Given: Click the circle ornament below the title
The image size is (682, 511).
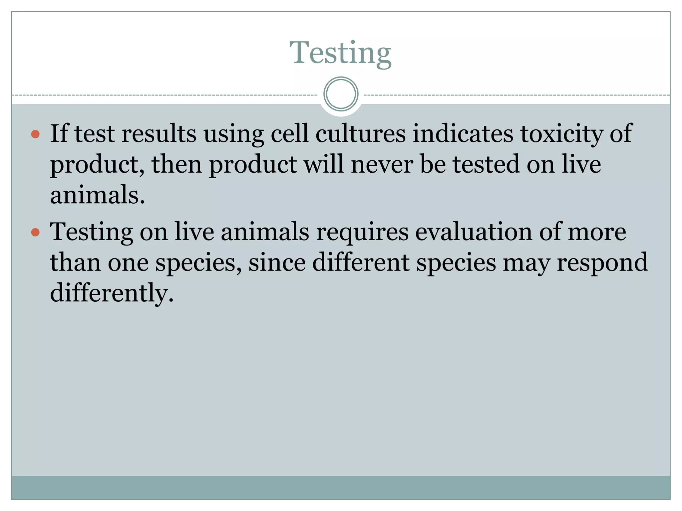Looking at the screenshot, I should point(341,94).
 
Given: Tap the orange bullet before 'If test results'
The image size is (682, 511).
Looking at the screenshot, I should point(35,134).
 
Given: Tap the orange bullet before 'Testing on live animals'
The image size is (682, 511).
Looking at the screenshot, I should point(35,232).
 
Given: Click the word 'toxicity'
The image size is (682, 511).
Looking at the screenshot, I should point(561,134).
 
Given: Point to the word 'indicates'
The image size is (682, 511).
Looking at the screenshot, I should point(463,134).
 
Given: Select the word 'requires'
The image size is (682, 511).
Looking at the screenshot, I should point(362,232).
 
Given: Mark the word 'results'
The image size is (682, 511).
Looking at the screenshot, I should point(159,134).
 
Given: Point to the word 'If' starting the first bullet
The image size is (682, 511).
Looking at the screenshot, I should point(59,134).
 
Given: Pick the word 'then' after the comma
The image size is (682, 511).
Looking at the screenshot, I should point(177,164).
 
